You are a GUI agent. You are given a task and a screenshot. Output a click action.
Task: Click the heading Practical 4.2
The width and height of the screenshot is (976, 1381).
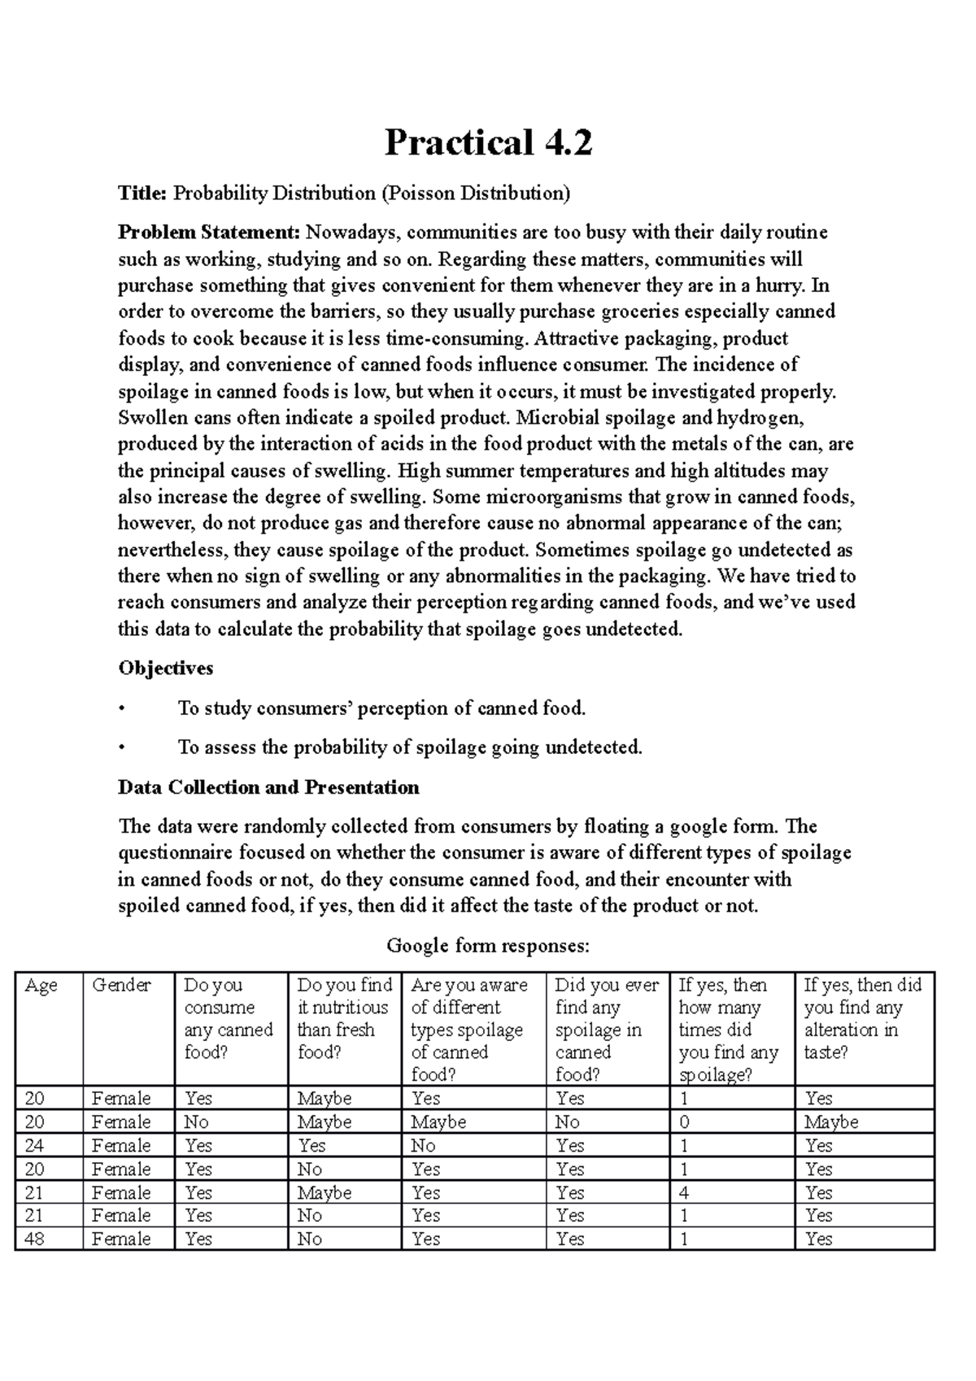point(488,143)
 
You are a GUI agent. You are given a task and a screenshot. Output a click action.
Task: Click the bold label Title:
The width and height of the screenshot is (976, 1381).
point(142,194)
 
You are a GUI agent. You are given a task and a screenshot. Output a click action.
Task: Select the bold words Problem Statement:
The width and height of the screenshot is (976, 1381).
point(209,233)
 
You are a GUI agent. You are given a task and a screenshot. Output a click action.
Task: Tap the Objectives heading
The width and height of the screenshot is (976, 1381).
point(165,669)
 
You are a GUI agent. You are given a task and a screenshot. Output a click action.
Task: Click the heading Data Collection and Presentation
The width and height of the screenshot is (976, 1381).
point(268,787)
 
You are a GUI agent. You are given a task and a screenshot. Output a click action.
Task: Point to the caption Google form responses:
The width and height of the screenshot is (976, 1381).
point(487,946)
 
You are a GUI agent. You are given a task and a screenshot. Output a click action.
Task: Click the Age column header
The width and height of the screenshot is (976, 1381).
point(41,986)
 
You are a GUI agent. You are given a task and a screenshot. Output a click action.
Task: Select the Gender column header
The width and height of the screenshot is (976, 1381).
point(121,986)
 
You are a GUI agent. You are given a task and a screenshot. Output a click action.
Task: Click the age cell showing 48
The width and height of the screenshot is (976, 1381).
point(35,1239)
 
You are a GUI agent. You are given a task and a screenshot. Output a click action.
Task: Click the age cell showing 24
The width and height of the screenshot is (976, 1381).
point(35,1145)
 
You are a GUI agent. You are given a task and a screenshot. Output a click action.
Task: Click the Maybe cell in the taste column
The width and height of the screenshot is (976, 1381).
point(831,1122)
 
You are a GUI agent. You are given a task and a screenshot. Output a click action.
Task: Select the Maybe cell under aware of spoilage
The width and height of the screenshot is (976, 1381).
point(438,1122)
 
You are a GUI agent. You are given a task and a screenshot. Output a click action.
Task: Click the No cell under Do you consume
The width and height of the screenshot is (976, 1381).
point(196,1122)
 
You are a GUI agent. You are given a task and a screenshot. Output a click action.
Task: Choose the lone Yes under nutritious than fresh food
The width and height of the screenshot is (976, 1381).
point(312,1145)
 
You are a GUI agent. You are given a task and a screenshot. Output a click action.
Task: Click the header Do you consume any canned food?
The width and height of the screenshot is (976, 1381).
point(228,1018)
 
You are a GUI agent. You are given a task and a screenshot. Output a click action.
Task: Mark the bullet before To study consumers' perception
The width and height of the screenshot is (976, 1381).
point(121,708)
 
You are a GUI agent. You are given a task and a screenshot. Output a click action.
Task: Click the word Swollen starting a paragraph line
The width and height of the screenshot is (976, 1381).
point(150,418)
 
